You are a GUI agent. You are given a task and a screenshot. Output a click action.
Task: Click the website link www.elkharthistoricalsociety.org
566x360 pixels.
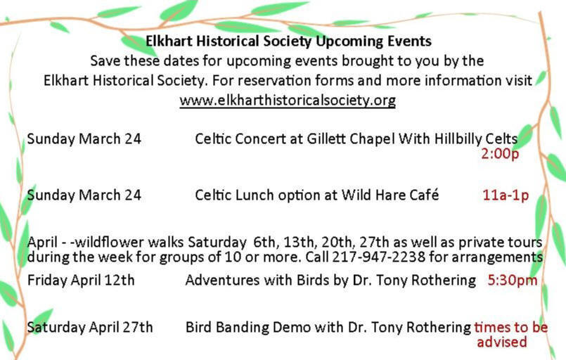288,100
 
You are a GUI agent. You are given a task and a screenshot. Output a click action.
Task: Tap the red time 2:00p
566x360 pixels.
500,154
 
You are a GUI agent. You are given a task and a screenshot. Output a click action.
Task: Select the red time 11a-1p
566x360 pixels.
506,195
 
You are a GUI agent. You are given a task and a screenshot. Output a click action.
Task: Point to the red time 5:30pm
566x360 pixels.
513,280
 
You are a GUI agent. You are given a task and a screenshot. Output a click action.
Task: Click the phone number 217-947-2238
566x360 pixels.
379,257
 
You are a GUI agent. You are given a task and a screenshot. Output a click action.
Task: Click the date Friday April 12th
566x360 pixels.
81,281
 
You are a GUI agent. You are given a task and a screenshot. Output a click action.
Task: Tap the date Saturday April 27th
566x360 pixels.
90,327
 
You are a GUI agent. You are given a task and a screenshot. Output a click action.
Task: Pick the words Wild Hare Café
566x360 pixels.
390,195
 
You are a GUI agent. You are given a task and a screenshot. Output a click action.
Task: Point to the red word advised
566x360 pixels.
502,342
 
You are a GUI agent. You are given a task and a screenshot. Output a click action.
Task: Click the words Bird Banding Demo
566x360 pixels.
248,327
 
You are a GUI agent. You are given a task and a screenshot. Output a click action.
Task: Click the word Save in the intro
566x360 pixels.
105,60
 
